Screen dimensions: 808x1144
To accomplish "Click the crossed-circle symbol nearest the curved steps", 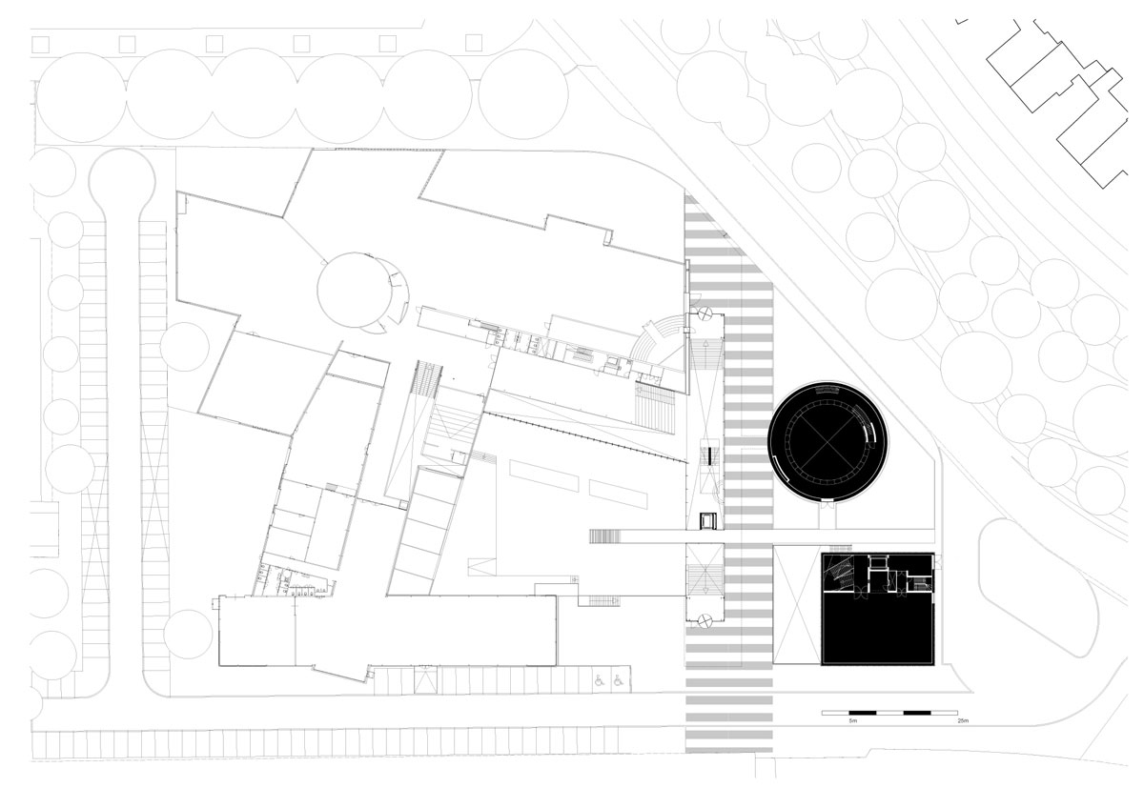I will click(x=705, y=313).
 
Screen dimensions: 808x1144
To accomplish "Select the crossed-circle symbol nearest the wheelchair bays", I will click(x=705, y=620).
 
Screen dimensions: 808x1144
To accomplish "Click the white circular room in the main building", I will click(x=354, y=289).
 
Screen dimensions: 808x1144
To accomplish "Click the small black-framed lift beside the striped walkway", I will click(x=707, y=520).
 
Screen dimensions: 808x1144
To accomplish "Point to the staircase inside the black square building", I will click(x=839, y=572).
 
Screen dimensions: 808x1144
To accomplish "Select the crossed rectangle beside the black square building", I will click(x=797, y=605).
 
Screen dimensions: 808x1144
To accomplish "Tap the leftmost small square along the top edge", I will click(x=40, y=43).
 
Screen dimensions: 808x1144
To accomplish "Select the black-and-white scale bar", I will click(x=889, y=713).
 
